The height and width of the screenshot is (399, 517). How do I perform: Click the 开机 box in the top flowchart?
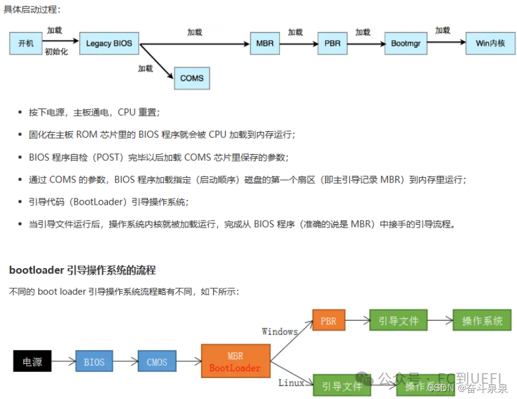pos(26,43)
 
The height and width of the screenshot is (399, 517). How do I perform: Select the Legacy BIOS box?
pos(109,43)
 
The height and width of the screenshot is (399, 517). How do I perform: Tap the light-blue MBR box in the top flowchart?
pos(265,43)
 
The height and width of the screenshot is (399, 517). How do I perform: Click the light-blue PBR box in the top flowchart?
pos(332,43)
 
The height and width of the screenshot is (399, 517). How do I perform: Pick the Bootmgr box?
pos(406,43)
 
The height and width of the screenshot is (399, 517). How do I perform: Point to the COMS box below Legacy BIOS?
pos(192,78)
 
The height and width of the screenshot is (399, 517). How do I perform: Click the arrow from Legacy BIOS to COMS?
pos(157,61)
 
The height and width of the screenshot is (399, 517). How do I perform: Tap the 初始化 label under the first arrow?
pos(56,52)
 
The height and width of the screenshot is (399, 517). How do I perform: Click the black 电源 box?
pos(32,362)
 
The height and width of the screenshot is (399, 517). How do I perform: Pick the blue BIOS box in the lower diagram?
pos(94,362)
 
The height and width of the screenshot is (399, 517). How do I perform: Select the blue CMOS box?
pos(157,362)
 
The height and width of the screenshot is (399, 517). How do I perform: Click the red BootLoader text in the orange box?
pos(235,368)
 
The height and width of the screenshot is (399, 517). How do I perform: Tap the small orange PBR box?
pos(329,321)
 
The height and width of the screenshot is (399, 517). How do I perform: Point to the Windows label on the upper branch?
pos(280,332)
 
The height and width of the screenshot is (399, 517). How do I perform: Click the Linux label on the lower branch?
pos(291,383)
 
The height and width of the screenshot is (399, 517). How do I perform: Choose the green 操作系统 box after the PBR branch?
pos(482,321)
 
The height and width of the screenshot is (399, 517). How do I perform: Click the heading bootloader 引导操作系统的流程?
pos(83,270)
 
